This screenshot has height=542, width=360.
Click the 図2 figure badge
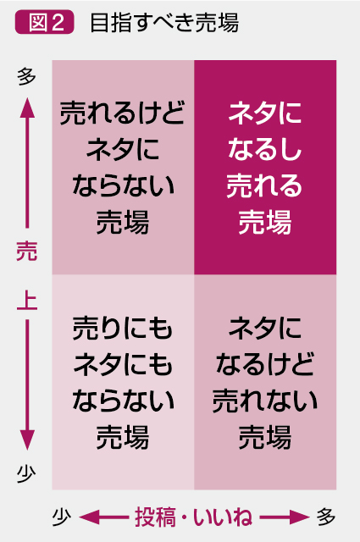(x=44, y=23)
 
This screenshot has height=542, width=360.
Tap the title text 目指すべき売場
(x=164, y=23)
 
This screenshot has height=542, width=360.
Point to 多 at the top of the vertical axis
(x=26, y=76)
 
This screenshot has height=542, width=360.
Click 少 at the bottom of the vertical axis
(x=26, y=473)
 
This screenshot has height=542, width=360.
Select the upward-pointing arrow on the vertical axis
(x=27, y=163)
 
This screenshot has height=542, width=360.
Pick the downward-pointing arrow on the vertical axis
(x=27, y=384)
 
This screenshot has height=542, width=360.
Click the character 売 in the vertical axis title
(x=26, y=251)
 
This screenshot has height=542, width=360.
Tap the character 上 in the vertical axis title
(x=26, y=301)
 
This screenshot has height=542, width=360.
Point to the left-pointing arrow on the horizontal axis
(x=103, y=517)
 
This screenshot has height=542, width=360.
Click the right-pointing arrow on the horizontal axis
(x=284, y=517)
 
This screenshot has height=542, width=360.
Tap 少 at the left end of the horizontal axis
(x=62, y=517)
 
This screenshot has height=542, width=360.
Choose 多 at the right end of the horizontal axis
(x=326, y=517)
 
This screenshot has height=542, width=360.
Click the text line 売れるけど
(x=123, y=113)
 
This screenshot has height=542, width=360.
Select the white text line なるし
(x=265, y=149)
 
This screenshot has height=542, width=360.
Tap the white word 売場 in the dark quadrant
(x=265, y=222)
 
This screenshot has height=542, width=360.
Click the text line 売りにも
(x=123, y=328)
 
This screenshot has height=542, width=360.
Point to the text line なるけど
(x=265, y=363)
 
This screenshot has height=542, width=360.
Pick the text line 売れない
(x=265, y=400)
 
